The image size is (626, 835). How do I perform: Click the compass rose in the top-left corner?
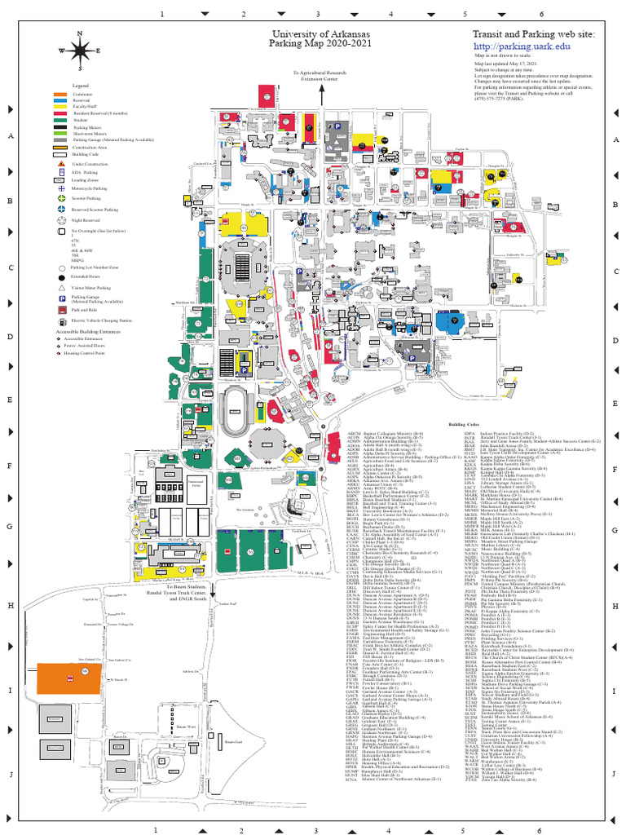[79, 51]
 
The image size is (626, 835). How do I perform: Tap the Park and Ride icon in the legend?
[61, 310]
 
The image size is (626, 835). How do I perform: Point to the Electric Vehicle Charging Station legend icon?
[61, 321]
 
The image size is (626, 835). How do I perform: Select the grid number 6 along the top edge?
[540, 14]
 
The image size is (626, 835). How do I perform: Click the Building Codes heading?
[463, 425]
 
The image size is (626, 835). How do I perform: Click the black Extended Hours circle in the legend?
[61, 277]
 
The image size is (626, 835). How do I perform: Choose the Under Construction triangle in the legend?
[61, 164]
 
